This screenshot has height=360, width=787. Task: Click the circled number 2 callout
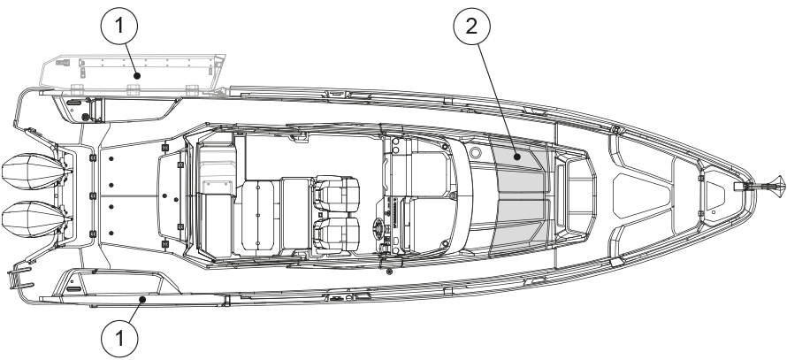click(471, 27)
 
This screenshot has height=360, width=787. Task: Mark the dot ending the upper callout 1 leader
click(136, 77)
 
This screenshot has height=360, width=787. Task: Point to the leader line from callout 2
click(499, 97)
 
